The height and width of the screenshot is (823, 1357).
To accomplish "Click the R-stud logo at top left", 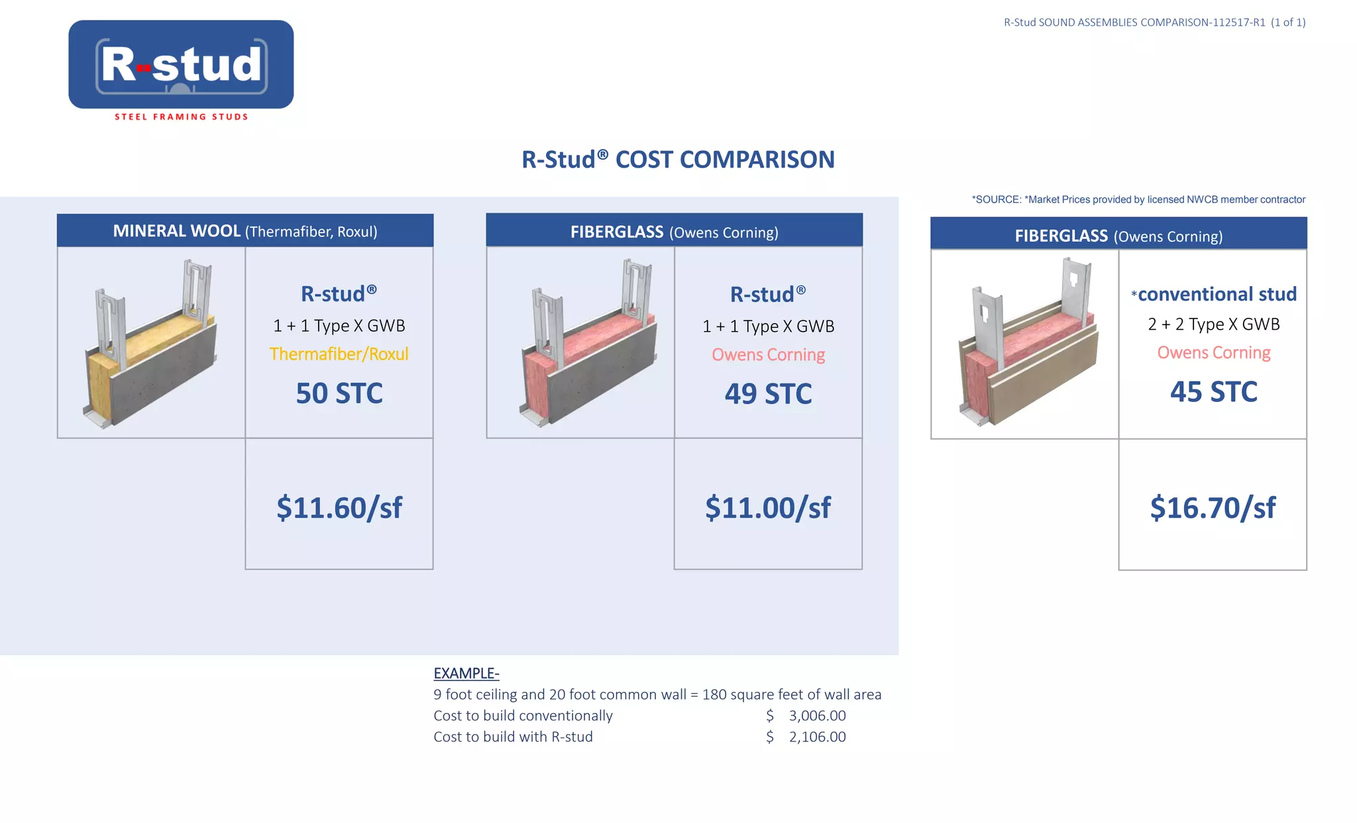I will [x=181, y=65].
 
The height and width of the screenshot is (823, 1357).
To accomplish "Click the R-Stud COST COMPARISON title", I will [x=678, y=160].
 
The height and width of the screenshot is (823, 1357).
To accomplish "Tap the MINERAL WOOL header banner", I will [x=245, y=231].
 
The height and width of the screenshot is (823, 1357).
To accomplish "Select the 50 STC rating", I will [x=339, y=393].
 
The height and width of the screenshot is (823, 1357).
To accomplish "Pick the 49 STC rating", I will [x=768, y=394].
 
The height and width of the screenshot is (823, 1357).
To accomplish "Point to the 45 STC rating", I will [x=1213, y=392].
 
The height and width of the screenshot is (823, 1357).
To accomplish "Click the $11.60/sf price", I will [x=339, y=508].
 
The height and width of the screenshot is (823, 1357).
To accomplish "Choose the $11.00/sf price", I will [x=768, y=508].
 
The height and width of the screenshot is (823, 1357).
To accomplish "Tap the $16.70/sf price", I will [x=1213, y=508].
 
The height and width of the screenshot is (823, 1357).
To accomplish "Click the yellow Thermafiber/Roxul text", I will [x=339, y=354].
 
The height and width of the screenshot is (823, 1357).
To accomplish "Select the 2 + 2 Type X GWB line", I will [x=1213, y=324].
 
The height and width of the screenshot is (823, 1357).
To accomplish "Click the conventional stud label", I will [x=1216, y=294].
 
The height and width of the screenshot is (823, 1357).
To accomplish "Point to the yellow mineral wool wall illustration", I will [x=151, y=344].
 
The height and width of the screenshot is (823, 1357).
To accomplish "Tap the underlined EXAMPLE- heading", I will [x=466, y=673].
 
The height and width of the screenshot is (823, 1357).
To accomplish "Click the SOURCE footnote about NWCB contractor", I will [x=1138, y=199].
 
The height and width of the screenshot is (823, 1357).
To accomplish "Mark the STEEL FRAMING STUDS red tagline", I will [x=181, y=117].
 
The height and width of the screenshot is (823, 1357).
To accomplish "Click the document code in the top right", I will [x=1154, y=23].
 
